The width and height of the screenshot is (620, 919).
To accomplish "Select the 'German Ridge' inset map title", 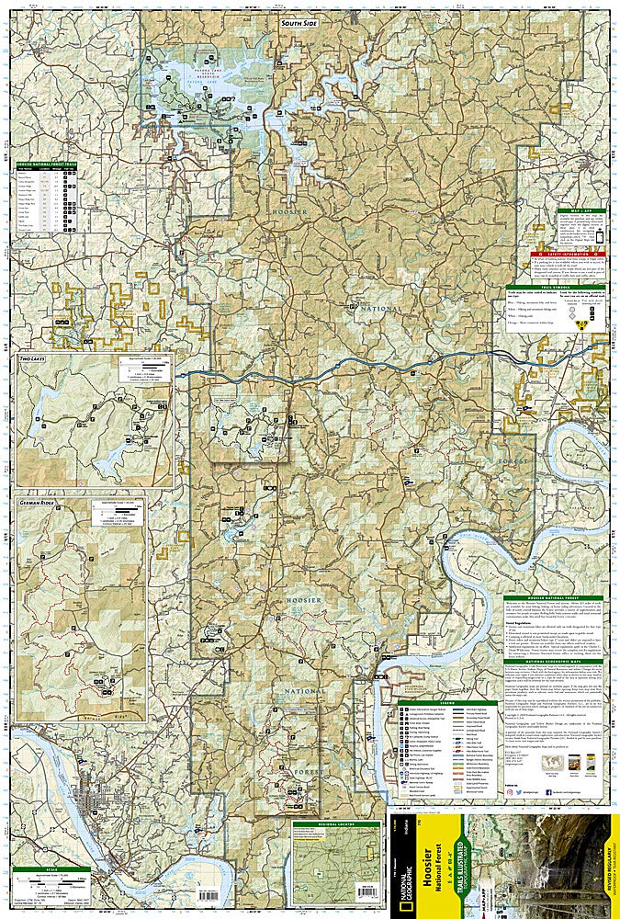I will (x=37, y=502).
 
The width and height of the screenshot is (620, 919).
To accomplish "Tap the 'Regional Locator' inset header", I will (x=335, y=824).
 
